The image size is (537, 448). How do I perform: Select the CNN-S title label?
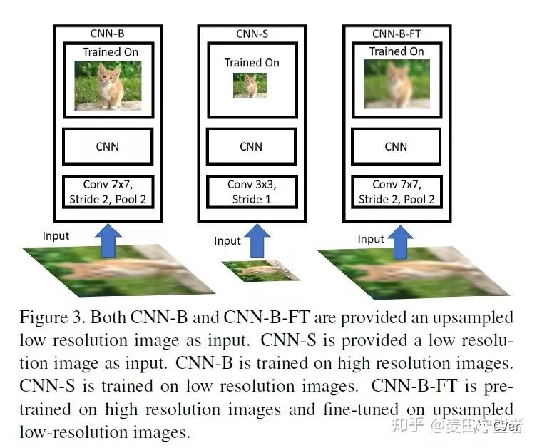coord(250,33)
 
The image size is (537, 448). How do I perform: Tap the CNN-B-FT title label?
coord(396,33)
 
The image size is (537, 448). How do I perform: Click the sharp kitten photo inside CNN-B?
coord(108,84)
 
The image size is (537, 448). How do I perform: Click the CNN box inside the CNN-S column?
coord(251,147)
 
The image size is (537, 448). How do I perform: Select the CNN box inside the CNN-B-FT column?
coord(396,147)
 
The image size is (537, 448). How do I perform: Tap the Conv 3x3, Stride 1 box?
coord(251,192)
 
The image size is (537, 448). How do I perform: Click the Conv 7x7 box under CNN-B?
coord(108,192)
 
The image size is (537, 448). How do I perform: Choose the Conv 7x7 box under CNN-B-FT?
coord(396,192)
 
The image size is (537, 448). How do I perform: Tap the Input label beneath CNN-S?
coord(227,241)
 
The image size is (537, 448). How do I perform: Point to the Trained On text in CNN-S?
coord(252,63)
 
